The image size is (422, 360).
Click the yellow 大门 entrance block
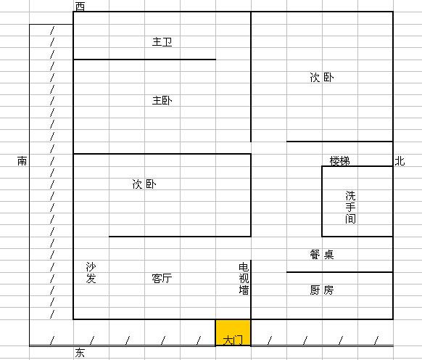point(233,332)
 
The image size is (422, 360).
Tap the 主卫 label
point(162,42)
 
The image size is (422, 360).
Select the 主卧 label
point(162,100)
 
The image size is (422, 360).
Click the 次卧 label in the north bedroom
point(322,78)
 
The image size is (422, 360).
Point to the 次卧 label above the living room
point(144,184)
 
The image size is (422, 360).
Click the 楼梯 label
point(340,161)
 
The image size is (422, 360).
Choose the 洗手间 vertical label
point(350,207)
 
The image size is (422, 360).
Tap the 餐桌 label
point(322,254)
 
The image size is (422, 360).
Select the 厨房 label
point(322,290)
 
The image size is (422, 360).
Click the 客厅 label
point(162,278)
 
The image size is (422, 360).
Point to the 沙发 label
point(91,272)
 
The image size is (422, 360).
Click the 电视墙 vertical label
point(244,279)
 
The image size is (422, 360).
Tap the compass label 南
point(22,161)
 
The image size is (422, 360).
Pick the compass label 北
point(400,161)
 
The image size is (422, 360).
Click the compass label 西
point(80,7)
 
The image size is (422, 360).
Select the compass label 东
point(80,353)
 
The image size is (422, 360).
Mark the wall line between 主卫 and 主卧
point(144,60)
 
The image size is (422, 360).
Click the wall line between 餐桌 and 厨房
point(339,272)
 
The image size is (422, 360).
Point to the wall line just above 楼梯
point(339,142)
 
